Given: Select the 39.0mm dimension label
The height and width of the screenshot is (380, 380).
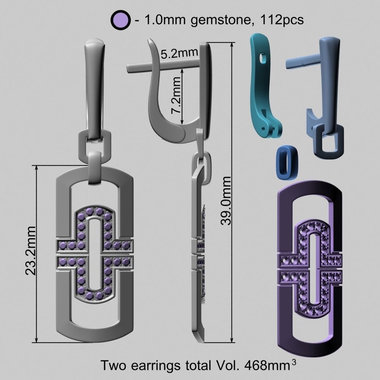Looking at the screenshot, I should coord(226,200).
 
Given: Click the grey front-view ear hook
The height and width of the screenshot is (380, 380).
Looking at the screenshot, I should coord(94,87).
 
